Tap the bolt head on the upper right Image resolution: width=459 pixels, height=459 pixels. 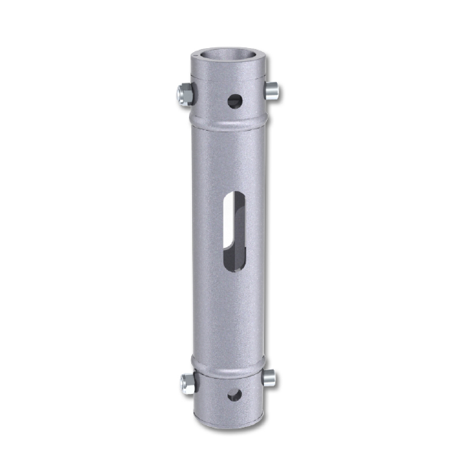point(271,92)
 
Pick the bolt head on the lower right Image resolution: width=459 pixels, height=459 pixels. point(269,377)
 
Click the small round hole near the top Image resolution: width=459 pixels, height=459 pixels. point(234,100)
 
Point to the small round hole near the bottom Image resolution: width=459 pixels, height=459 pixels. point(234,395)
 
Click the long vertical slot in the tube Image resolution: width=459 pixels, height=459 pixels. point(234,229)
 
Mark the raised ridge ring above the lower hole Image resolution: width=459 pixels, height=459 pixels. point(228,366)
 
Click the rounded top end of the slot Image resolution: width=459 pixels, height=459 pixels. point(235,196)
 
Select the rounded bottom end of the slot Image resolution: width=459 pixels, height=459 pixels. point(234,265)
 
